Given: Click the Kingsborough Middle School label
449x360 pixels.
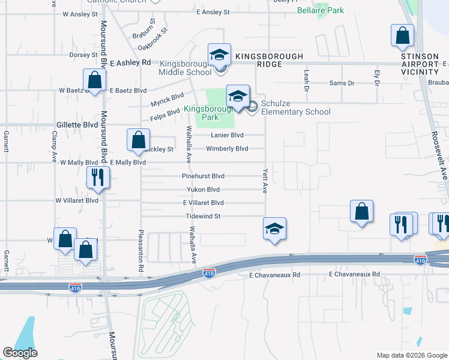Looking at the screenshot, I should click(185, 68).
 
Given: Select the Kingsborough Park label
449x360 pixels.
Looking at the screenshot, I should click(201, 113).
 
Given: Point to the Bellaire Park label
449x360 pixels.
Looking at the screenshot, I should click(321, 10).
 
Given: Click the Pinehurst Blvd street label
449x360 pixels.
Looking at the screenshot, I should click(203, 176).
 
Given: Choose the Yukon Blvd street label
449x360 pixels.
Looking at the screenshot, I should click(203, 190).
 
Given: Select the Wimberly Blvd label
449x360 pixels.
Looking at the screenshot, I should click(227, 149).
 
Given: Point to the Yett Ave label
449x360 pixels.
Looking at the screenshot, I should click(264, 180).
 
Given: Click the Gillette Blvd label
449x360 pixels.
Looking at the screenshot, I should click(76, 125).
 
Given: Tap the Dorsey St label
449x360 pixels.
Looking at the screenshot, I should click(83, 55).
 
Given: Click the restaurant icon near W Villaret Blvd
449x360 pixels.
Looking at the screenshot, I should click(96, 178).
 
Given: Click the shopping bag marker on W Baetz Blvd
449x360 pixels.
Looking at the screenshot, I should click(94, 80).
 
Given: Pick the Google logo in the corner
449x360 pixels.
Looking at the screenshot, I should click(20, 353).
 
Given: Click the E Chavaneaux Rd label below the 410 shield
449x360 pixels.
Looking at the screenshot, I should click(274, 274).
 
